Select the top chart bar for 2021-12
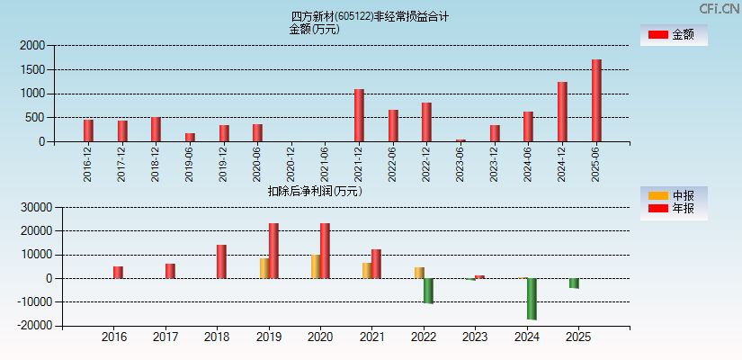pos(359,115)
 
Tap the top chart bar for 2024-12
pos(562,112)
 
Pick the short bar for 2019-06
pos(190,138)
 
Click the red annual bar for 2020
pos(325,251)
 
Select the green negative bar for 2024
pos(532,299)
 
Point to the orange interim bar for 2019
pos(264,268)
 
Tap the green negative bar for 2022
pos(428,291)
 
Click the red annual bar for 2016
pos(118,272)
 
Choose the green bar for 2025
pos(574,283)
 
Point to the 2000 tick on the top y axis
pos(32,45)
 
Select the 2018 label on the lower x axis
pos(217,337)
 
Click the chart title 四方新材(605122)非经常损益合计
pos(371,16)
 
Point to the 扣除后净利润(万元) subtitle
pos(315,191)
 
